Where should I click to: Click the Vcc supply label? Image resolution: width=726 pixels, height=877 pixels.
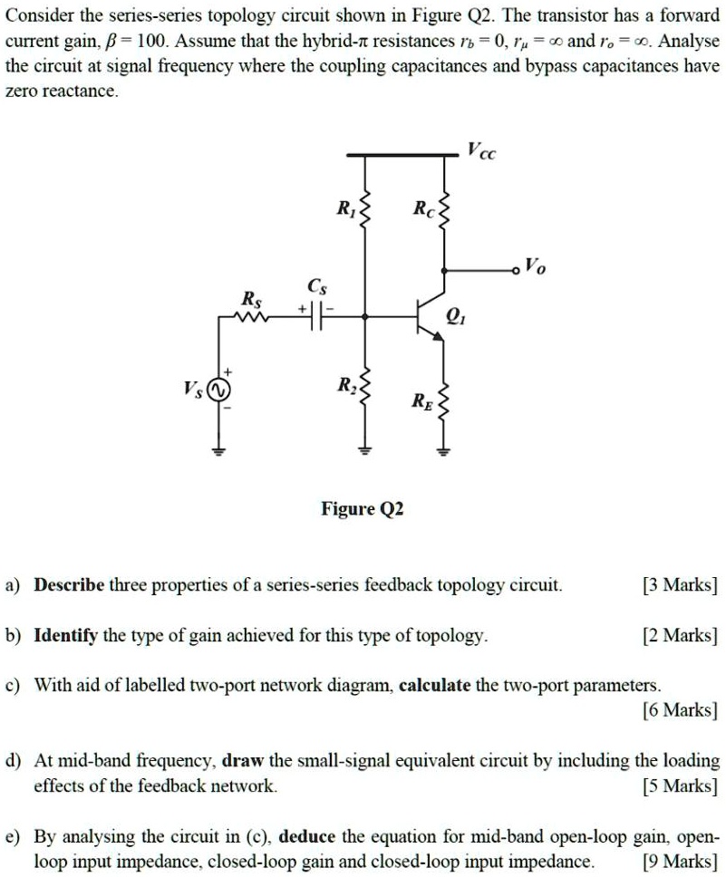click(x=482, y=150)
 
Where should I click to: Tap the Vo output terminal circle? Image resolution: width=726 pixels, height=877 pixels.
click(x=517, y=269)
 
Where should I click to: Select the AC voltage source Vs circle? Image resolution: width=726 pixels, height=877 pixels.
click(x=218, y=390)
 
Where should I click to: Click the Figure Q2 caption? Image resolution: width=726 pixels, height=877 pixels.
click(x=363, y=509)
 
